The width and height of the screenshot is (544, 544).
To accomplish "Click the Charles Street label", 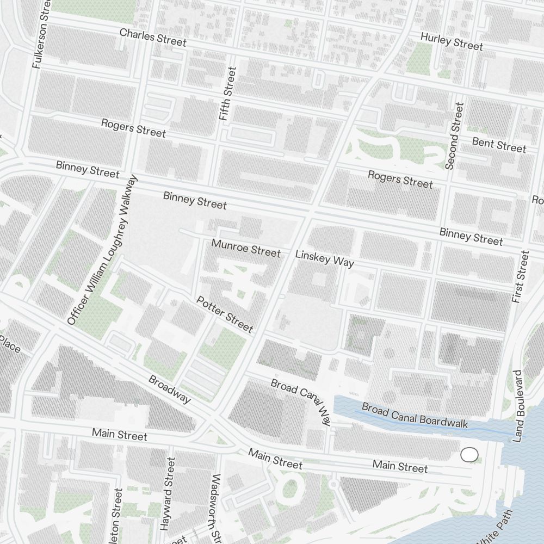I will point(153,38).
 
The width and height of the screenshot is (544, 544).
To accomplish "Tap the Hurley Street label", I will point(452,41).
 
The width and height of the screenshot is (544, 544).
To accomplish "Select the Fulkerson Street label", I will point(41,34).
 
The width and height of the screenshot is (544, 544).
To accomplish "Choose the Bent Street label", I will point(499,145).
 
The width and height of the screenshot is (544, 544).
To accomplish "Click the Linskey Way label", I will point(324,259).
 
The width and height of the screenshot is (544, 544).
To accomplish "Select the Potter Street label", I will point(225,314).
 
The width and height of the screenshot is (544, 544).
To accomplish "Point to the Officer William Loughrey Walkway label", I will point(102,250).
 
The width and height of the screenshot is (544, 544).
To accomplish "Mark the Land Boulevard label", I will point(517,406).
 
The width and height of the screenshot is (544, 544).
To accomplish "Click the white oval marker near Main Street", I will point(469,454).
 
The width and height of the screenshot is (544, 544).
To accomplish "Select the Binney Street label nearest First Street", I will point(471,237).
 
